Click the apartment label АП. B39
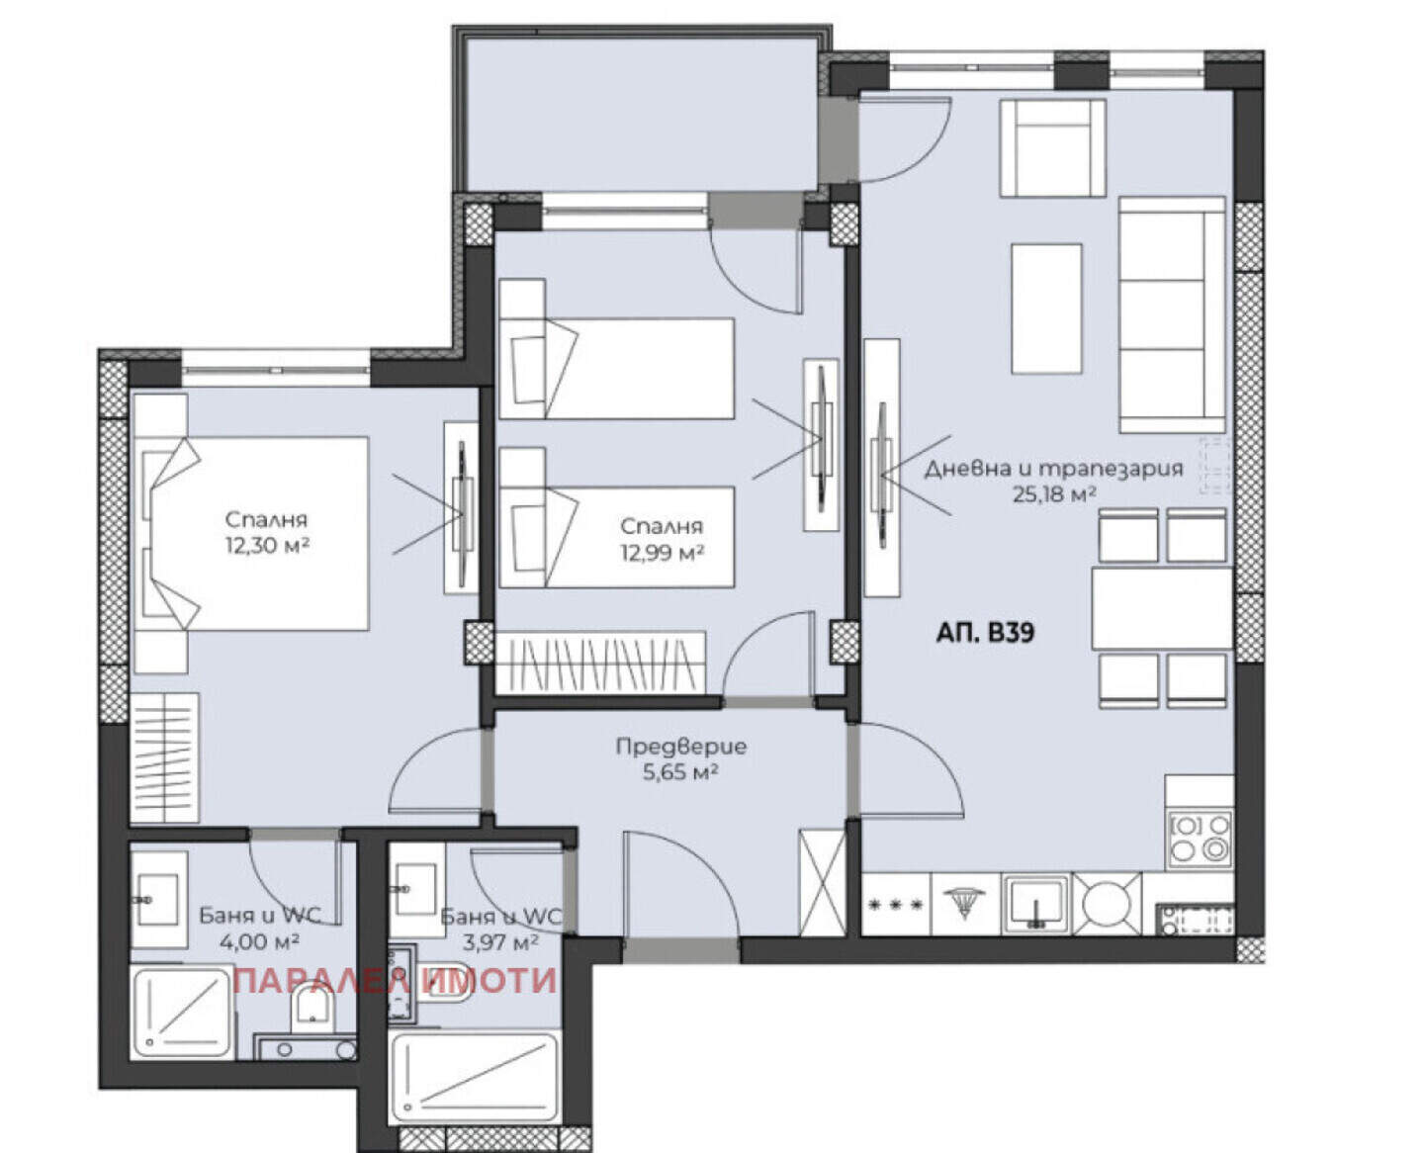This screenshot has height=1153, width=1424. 985,632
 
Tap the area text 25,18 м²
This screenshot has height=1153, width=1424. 1054,494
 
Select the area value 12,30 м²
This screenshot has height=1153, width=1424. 267,545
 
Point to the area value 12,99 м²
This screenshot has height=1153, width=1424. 663,552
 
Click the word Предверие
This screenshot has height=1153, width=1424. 680,746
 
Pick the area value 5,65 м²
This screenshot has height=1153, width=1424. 680,772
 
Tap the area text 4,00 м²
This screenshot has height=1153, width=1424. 259,941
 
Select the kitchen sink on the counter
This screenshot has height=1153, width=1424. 1033,905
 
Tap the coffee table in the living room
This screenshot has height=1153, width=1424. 1046,309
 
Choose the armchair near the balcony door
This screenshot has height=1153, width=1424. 1052,147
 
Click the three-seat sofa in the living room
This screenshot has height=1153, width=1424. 1172,314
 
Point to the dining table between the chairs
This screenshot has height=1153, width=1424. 1161,608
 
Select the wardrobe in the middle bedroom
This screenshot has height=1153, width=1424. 599,663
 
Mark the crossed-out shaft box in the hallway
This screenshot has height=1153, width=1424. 822,880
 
